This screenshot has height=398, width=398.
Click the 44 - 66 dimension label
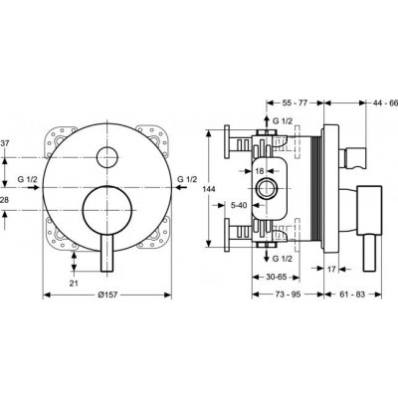[x=375, y=101]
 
